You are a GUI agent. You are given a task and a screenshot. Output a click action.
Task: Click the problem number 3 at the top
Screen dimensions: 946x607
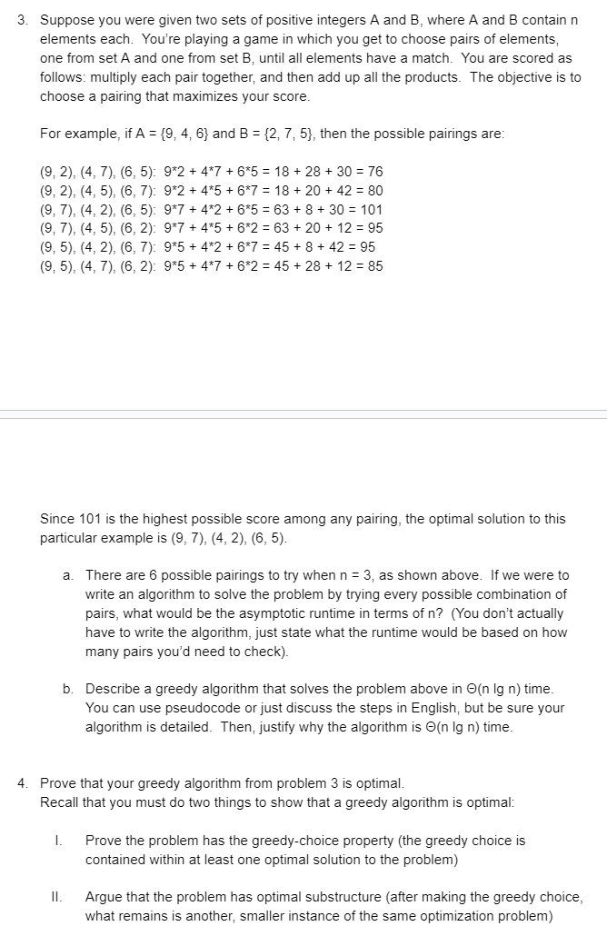pyautogui.click(x=22, y=21)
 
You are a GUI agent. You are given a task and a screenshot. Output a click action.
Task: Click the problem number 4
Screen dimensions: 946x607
pyautogui.click(x=22, y=783)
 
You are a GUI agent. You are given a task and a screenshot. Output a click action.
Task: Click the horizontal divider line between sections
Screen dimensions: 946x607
pyautogui.click(x=303, y=414)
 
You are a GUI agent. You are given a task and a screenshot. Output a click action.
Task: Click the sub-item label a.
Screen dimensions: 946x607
pyautogui.click(x=67, y=575)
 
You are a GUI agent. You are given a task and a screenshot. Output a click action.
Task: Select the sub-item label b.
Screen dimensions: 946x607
pyautogui.click(x=67, y=689)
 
